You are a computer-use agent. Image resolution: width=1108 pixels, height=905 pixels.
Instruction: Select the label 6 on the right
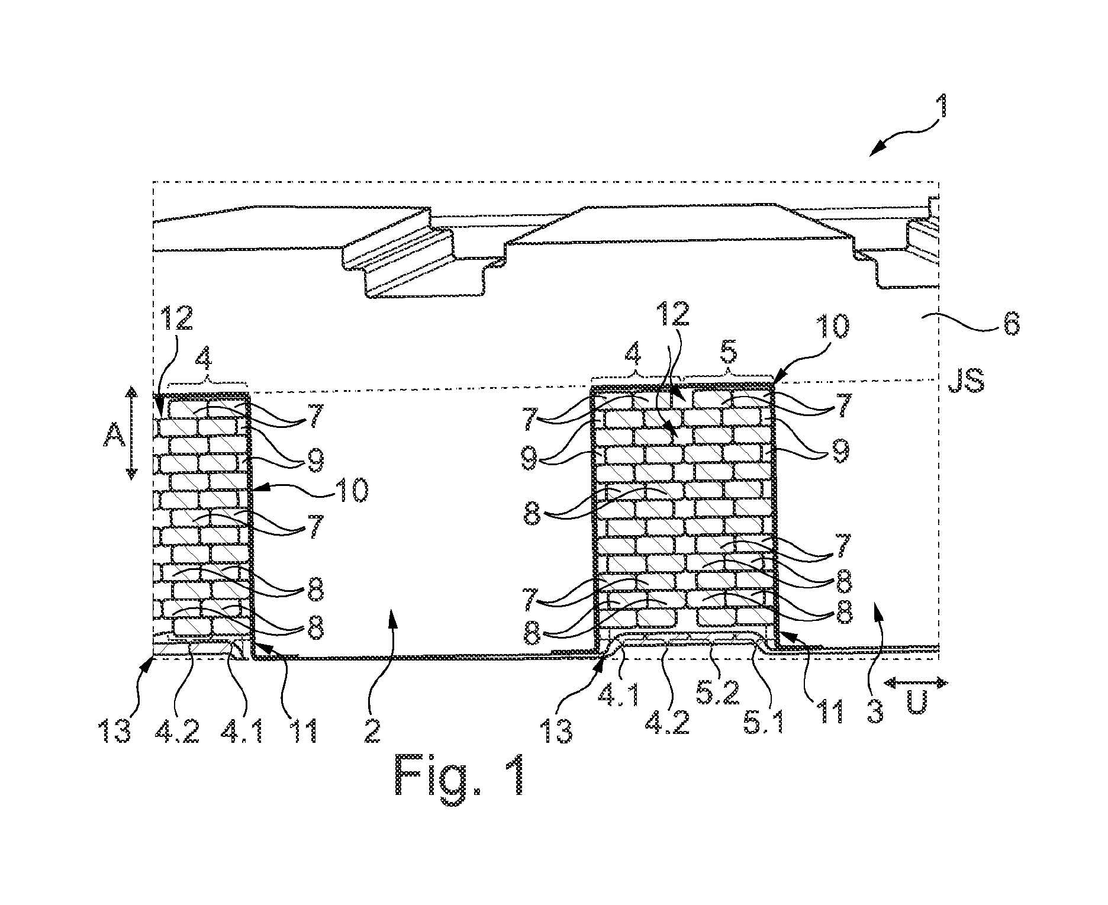(1010, 325)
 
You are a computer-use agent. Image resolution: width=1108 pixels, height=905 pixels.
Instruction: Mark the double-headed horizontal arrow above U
(917, 683)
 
